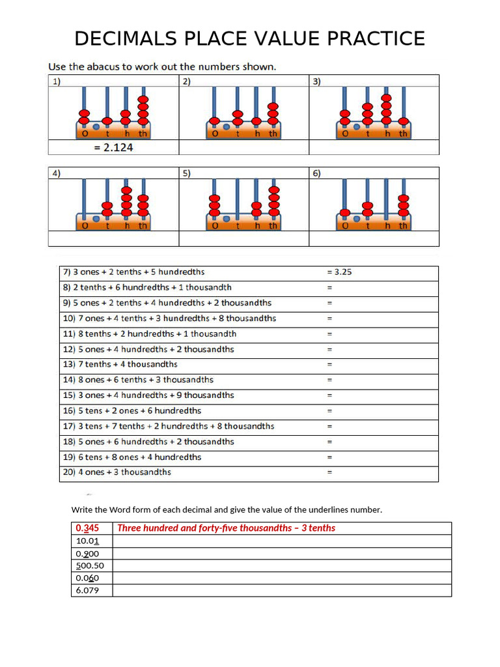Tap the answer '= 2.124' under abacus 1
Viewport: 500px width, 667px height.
pos(113,147)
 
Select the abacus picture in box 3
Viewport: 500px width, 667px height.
pos(374,113)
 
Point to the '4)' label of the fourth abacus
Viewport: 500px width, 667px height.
pos(57,173)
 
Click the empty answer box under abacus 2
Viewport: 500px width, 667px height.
pos(243,147)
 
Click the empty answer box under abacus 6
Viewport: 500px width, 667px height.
pos(374,239)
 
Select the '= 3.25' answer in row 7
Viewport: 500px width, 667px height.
pos(339,272)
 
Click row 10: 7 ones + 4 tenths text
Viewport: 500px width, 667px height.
pos(169,319)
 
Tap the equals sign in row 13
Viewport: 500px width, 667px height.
pos(329,365)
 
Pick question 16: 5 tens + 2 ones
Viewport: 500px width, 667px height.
pos(132,411)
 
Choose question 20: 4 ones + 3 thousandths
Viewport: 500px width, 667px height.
pos(117,472)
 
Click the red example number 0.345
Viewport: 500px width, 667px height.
pos(88,528)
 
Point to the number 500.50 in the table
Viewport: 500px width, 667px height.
pos(90,565)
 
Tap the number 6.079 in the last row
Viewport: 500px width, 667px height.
pos(87,590)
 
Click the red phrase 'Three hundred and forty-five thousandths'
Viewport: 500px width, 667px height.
pos(204,528)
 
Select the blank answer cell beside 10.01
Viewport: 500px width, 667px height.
pos(282,541)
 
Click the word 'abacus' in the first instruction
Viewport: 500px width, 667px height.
pos(115,66)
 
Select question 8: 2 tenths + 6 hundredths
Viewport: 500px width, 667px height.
pos(147,287)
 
